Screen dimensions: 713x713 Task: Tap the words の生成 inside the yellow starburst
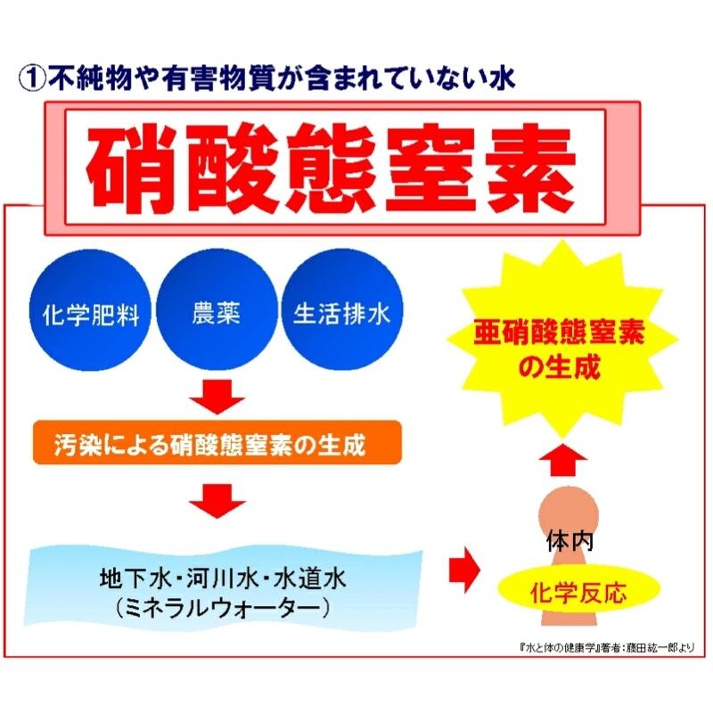coord(560,365)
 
